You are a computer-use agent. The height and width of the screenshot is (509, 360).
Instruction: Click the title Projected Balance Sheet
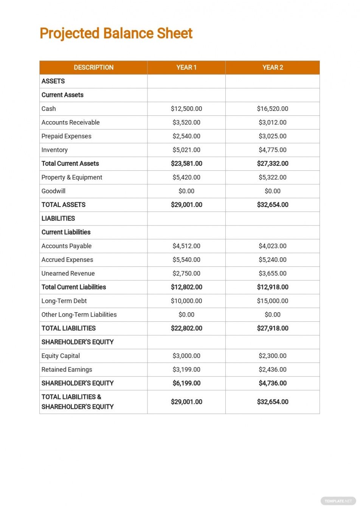116,33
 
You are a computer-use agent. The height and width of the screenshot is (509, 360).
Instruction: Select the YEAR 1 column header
186,67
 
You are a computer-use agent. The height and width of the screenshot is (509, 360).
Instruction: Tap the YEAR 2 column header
273,67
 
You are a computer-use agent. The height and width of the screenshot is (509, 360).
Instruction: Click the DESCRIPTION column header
93,67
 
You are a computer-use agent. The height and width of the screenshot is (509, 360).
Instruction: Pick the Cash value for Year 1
186,109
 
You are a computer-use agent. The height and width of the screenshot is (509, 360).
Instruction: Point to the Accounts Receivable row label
71,122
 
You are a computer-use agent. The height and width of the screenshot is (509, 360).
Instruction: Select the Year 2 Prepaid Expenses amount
273,136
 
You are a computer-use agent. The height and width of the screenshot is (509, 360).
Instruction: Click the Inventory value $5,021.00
186,150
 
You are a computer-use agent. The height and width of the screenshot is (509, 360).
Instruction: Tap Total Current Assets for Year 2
273,163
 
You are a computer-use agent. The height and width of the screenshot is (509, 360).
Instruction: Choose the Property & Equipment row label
72,177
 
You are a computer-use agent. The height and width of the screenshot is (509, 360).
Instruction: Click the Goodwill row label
53,191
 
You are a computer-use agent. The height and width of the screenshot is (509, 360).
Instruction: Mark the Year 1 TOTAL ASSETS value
186,205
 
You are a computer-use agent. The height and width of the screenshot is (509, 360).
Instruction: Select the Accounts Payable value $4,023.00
273,246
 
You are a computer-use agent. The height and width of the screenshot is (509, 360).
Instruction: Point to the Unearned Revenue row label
68,273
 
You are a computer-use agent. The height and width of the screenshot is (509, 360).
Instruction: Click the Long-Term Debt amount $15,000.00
273,301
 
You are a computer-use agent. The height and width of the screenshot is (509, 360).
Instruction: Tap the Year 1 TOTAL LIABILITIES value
186,328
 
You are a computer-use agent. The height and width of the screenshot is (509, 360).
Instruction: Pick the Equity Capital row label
61,356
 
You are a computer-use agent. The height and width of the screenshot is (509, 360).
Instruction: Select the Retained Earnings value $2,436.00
273,369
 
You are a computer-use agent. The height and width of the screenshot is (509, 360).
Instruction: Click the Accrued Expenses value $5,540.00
186,260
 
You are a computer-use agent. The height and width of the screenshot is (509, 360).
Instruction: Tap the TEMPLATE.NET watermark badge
338,501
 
